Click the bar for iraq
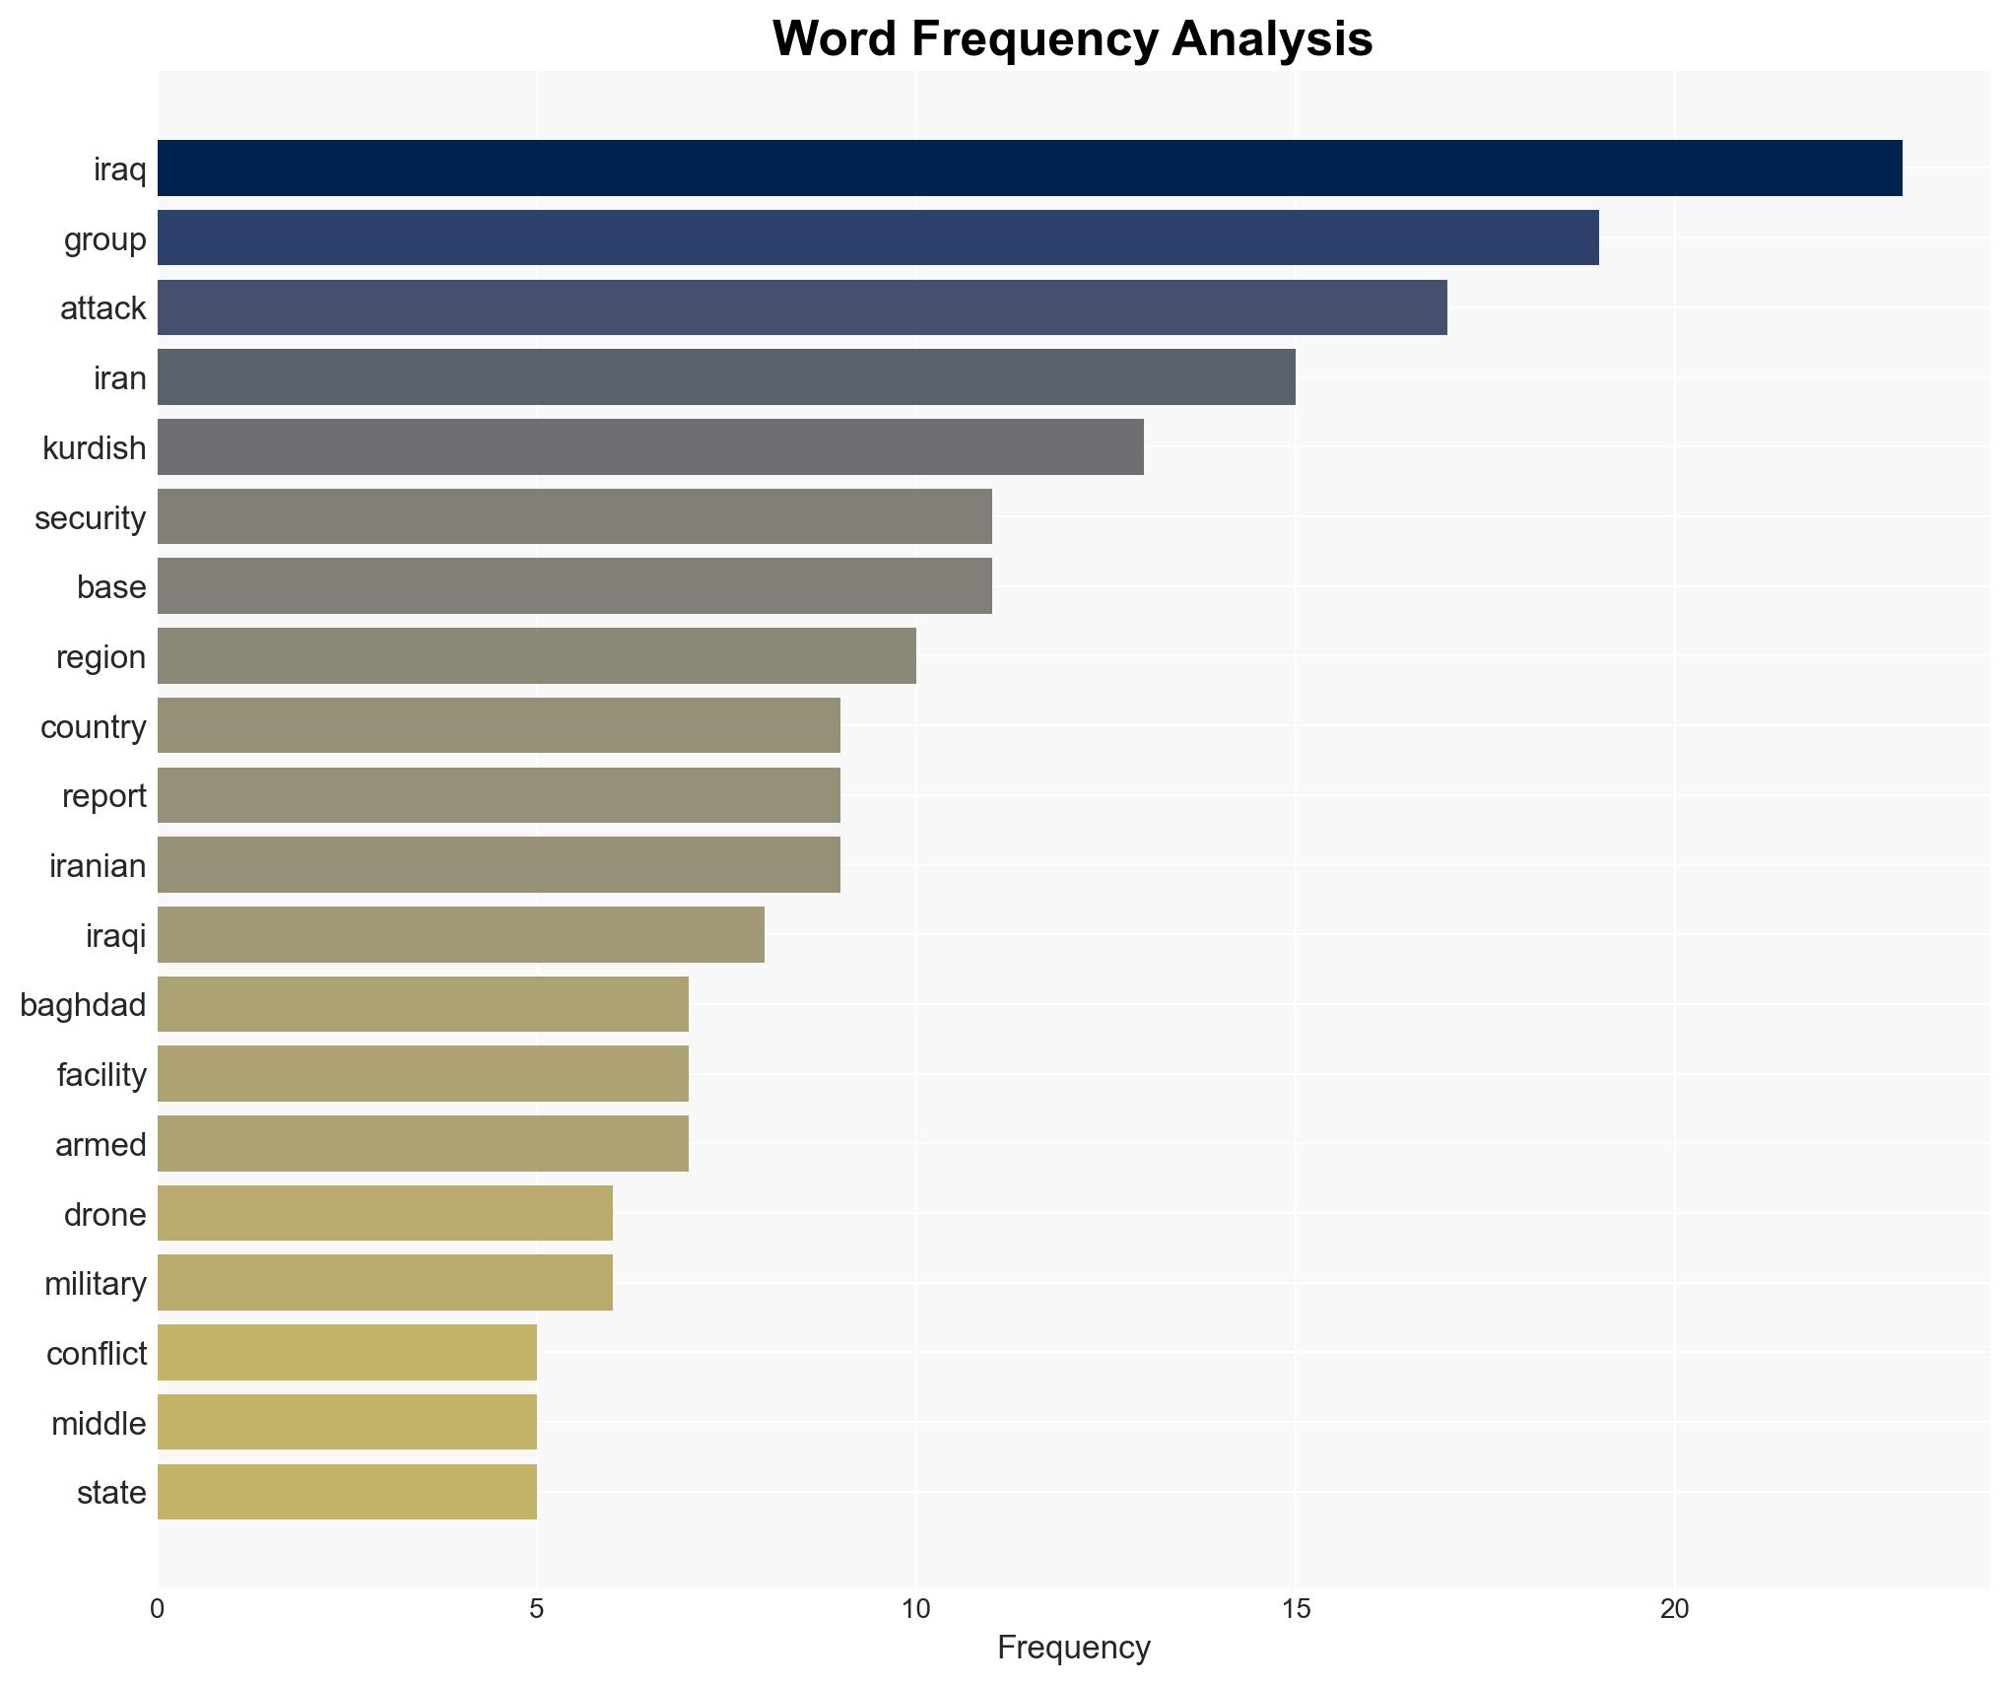(1030, 168)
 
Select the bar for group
(878, 238)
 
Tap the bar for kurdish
(650, 447)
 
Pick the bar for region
(537, 656)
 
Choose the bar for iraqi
(461, 935)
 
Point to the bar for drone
(385, 1214)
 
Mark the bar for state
(347, 1493)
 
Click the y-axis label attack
(102, 308)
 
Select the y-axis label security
(90, 518)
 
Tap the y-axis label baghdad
(83, 1005)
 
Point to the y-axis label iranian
(98, 866)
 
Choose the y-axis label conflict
(96, 1354)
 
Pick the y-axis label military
(95, 1284)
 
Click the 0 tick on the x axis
(158, 1610)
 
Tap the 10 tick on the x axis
(916, 1610)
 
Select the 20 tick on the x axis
(1674, 1610)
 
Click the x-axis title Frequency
(1073, 1649)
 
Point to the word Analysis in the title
(1272, 40)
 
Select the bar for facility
(423, 1074)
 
